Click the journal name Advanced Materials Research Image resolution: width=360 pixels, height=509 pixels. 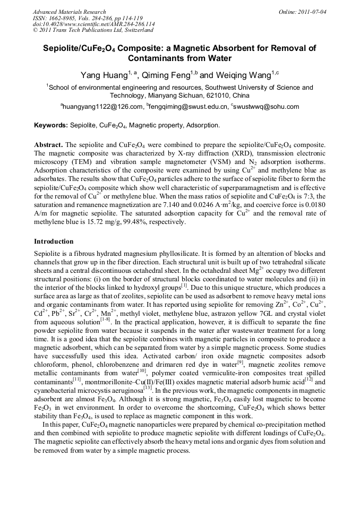(x=69, y=12)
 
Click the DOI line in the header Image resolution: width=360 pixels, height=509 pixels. (x=93, y=24)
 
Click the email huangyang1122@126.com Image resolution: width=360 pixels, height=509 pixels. (x=103, y=107)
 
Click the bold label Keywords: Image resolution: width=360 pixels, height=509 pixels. (x=51, y=126)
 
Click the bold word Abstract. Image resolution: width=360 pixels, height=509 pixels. (x=48, y=145)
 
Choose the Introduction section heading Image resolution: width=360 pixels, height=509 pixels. (x=54, y=241)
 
